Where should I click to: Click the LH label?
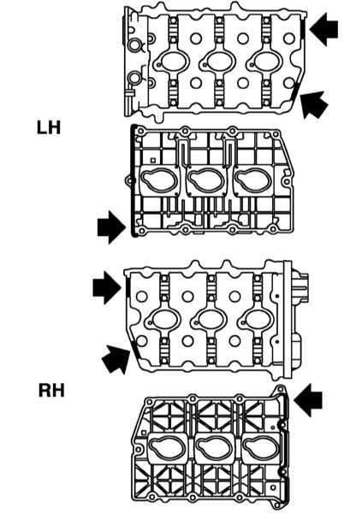click(x=49, y=127)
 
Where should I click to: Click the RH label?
click(x=51, y=391)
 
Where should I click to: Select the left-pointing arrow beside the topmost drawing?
click(x=323, y=29)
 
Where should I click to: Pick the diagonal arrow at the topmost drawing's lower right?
click(x=313, y=104)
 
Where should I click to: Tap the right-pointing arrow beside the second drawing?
click(x=111, y=227)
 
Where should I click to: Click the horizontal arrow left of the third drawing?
click(x=107, y=287)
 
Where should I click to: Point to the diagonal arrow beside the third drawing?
click(x=116, y=359)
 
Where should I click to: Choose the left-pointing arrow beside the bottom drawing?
click(x=308, y=400)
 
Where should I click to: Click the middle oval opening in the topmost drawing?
click(x=218, y=62)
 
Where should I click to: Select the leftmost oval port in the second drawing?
click(x=159, y=180)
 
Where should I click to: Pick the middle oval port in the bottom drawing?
click(x=214, y=446)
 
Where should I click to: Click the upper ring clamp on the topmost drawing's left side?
click(x=134, y=45)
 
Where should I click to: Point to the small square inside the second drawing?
click(x=152, y=161)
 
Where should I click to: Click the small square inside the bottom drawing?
click(x=144, y=433)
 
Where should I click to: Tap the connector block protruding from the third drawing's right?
click(x=300, y=286)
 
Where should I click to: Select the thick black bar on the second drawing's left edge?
click(x=133, y=180)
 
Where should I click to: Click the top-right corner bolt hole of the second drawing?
click(x=276, y=134)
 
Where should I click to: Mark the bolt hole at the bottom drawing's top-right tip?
click(x=281, y=389)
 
